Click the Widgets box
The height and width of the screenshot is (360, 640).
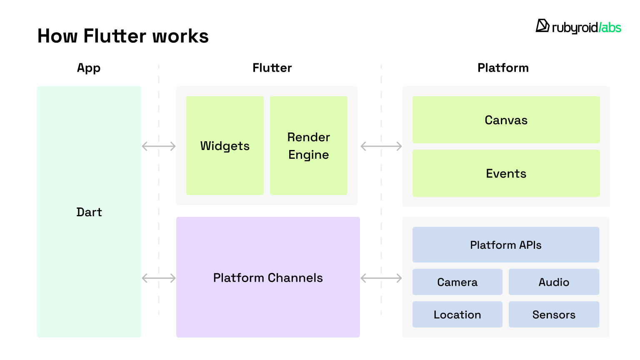point(225,145)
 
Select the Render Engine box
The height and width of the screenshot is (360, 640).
point(309,145)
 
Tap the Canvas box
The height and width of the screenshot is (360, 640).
point(506,120)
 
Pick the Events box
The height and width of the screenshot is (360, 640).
point(506,173)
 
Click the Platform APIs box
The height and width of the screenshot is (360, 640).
point(506,245)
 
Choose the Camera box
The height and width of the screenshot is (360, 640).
point(457,282)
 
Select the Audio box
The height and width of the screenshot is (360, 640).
point(554,282)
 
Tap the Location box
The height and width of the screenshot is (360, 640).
point(457,315)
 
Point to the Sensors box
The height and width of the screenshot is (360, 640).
point(554,315)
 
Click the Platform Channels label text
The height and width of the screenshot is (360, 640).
point(268,278)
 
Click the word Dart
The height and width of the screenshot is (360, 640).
point(89,212)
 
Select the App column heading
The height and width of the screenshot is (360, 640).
point(89,68)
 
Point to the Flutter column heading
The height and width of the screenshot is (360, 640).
point(272,68)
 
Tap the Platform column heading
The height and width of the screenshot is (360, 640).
point(503,68)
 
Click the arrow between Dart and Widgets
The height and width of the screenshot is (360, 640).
point(159,146)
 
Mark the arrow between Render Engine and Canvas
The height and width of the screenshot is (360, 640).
point(381,146)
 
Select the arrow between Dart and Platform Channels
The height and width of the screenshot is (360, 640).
point(159,278)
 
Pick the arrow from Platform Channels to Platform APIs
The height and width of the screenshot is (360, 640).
point(381,278)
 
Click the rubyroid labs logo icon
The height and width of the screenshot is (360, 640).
point(542,26)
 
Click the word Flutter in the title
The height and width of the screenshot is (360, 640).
point(114,36)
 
